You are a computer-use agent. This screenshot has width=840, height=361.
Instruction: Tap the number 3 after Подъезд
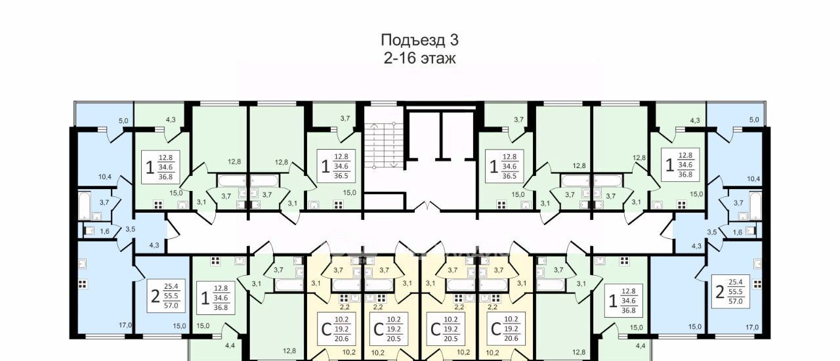point(454,40)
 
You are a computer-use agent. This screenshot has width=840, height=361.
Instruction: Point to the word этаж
point(438,59)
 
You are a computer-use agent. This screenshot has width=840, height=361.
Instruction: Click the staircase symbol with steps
point(384,146)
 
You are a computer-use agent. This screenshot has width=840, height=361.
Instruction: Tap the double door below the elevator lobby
point(428,206)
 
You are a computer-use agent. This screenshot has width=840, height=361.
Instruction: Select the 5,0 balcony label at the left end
point(123,121)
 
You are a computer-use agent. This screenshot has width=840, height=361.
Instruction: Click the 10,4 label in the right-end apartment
point(753,179)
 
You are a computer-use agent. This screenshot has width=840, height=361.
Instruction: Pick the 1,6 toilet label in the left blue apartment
point(104,231)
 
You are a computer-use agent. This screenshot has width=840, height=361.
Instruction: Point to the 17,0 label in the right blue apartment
point(752,328)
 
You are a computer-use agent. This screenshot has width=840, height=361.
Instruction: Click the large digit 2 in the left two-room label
point(156,297)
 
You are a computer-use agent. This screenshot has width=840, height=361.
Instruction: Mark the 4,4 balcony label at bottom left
point(230,346)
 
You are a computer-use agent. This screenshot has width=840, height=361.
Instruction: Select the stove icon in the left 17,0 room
point(83,284)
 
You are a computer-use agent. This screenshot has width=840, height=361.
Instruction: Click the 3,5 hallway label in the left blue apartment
point(130,229)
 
